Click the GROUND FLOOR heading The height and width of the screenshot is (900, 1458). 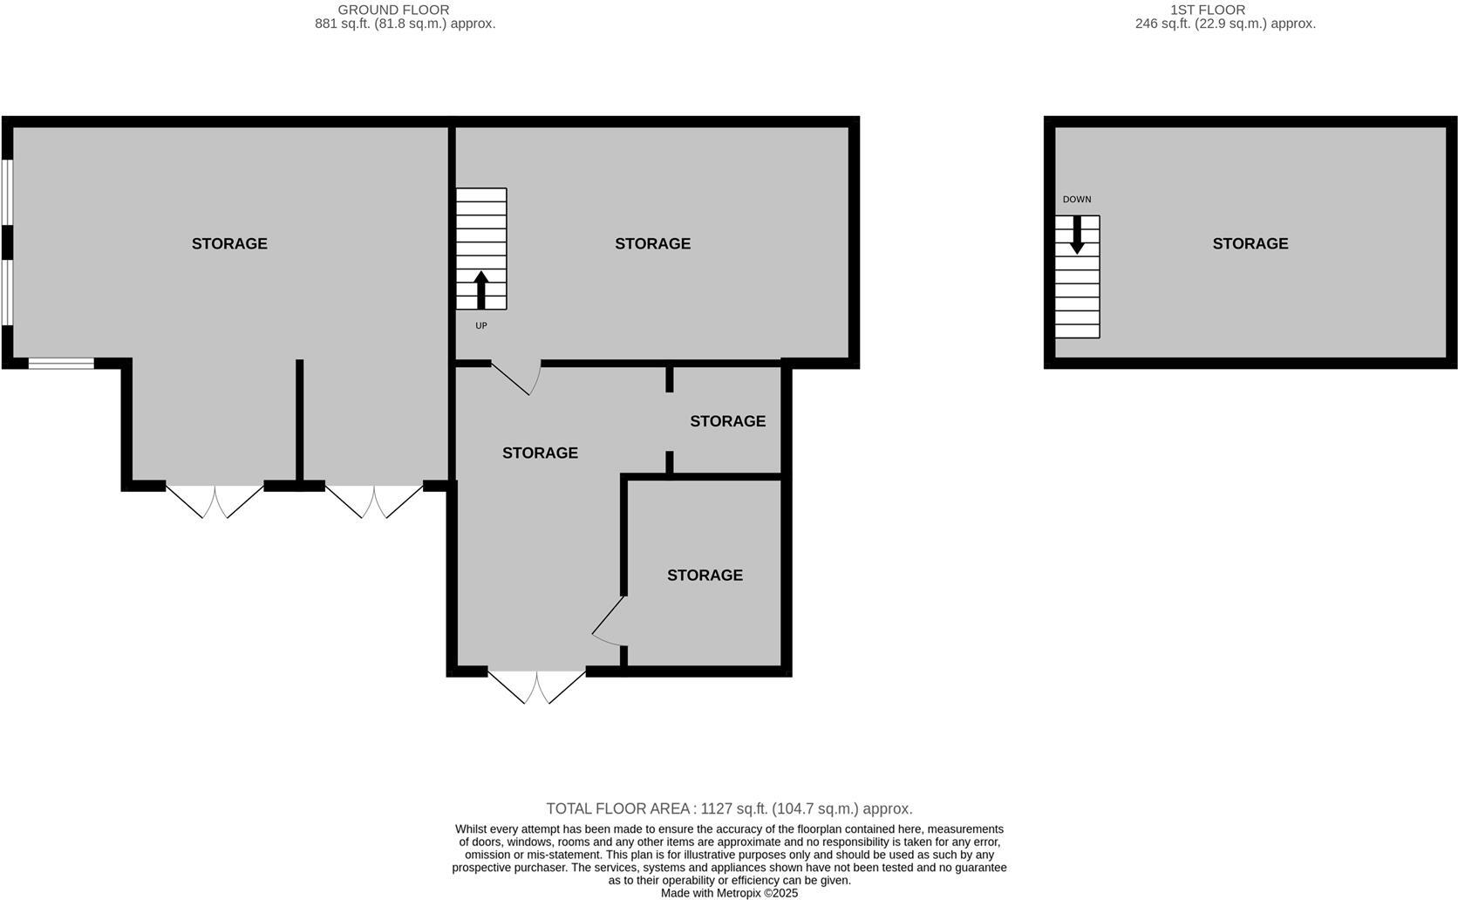tap(393, 10)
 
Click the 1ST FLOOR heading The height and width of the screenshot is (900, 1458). tap(1207, 10)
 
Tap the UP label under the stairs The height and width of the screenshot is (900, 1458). tap(480, 325)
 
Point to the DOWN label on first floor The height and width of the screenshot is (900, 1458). tap(1076, 199)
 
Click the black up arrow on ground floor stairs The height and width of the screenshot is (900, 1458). tap(480, 290)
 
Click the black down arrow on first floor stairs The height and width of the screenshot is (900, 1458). tap(1077, 234)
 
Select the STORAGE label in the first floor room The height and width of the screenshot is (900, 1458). tap(1250, 243)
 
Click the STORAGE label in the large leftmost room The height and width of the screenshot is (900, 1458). tap(229, 243)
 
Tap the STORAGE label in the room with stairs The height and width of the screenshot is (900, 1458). tap(652, 243)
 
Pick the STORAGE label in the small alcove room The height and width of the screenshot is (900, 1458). tap(727, 421)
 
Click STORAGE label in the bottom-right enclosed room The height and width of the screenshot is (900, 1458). tap(705, 575)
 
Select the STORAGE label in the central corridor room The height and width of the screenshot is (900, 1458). tap(540, 453)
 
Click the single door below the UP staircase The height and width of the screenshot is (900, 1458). tap(516, 377)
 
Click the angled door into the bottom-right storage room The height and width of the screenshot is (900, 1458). tap(609, 621)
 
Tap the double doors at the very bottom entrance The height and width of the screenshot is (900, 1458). tap(536, 685)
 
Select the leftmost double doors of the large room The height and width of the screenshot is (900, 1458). tap(215, 501)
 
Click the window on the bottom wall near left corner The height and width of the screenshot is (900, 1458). tap(61, 363)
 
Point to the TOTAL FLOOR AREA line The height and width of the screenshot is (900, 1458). tap(729, 808)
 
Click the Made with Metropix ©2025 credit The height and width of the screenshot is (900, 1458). tap(729, 893)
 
